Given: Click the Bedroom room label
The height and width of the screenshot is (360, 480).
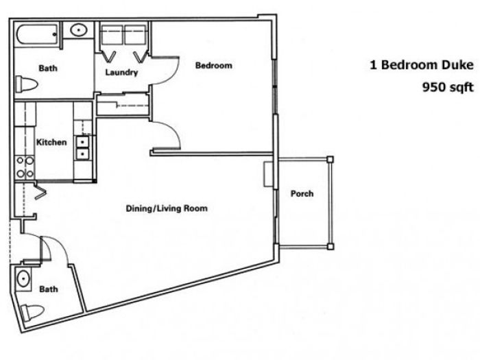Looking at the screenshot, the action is click(214, 66).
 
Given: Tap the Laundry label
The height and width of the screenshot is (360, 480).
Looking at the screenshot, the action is click(121, 73).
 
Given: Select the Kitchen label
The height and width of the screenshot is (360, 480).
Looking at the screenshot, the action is click(51, 143).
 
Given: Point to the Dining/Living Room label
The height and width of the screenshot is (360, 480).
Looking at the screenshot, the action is click(167, 208).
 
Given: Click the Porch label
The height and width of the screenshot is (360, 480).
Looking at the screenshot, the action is click(302, 194).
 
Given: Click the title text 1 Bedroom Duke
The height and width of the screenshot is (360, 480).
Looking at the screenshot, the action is click(422, 65).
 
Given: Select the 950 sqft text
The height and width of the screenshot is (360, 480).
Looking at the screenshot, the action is click(448, 87).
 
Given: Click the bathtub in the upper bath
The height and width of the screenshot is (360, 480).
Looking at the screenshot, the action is click(37, 34).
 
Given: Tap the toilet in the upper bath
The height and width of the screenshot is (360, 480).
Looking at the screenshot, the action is click(26, 84).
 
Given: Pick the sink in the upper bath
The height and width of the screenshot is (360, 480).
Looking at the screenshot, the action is click(79, 30).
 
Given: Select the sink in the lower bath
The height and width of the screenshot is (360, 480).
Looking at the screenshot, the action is click(23, 279).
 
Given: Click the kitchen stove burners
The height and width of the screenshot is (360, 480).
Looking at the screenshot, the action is click(25, 167).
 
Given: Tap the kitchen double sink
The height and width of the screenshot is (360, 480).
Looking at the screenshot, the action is click(82, 147).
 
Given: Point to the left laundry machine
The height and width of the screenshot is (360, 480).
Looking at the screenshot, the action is click(112, 34).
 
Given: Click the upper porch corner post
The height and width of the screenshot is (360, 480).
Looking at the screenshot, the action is click(330, 160).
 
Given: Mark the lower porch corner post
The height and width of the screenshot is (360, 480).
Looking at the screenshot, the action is click(330, 246).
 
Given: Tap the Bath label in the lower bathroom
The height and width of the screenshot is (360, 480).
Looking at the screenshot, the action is click(49, 289).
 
